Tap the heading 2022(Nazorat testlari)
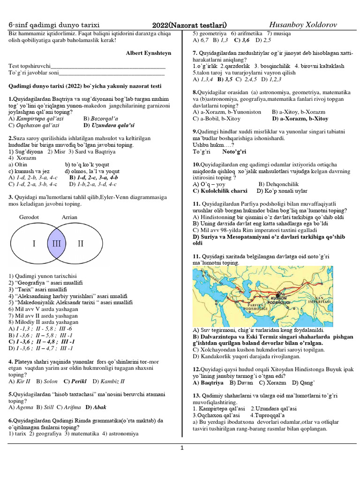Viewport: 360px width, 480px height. click(189, 25)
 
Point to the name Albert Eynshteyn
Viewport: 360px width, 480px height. click(148, 53)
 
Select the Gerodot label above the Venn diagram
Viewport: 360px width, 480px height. click(29, 217)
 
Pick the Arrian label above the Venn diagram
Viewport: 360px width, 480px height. click(69, 217)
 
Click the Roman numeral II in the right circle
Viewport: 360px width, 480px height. click(80, 244)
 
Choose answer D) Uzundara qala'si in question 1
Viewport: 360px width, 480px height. click(109, 126)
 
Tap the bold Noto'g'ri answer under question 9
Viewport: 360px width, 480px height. click(234, 152)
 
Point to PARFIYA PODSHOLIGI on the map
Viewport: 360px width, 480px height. click(255, 308)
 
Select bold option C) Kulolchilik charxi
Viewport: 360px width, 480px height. click(220, 191)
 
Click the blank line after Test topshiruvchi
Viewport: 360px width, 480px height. click(108, 66)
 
